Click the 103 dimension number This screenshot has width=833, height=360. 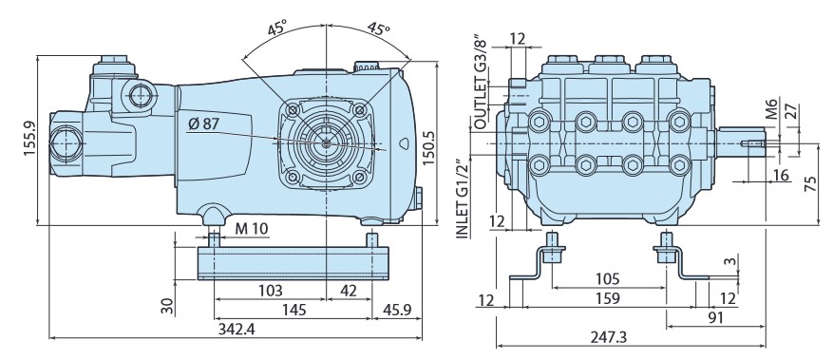(273, 291)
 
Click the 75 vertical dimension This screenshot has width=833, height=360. (809, 182)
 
